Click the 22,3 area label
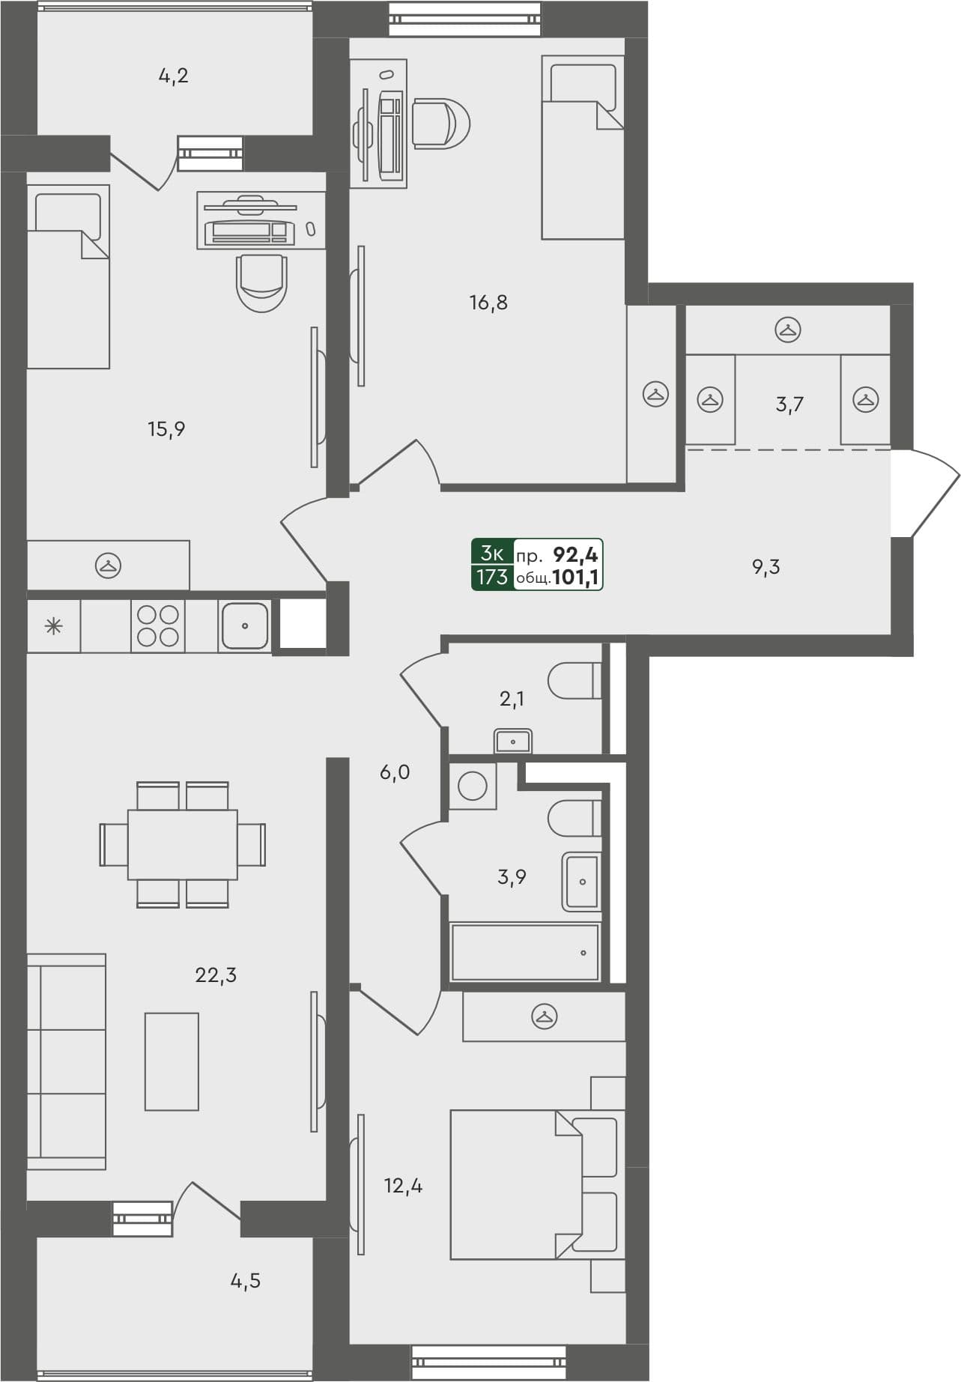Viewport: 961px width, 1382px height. pyautogui.click(x=216, y=975)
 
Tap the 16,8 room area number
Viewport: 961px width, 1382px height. pyautogui.click(x=488, y=303)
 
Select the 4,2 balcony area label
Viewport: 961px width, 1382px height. pyautogui.click(x=173, y=76)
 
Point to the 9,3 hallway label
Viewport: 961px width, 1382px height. pyautogui.click(x=766, y=567)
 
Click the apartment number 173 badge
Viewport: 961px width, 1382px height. pyautogui.click(x=492, y=578)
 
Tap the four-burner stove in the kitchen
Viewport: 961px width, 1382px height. pyautogui.click(x=158, y=625)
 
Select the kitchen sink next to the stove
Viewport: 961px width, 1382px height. pyautogui.click(x=244, y=625)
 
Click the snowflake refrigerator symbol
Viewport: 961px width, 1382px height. pyautogui.click(x=53, y=626)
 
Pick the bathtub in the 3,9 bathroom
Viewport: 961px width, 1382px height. pyautogui.click(x=525, y=952)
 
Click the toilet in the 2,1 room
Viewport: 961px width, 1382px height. pyautogui.click(x=575, y=681)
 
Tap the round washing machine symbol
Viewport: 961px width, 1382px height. pyautogui.click(x=472, y=787)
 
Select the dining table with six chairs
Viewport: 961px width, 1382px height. pyautogui.click(x=182, y=844)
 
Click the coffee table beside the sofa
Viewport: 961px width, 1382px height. pyautogui.click(x=172, y=1061)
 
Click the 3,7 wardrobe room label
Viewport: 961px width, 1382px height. pyautogui.click(x=789, y=405)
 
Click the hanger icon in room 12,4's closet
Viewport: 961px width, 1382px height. pyautogui.click(x=545, y=1016)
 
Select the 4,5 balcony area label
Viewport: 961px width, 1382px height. pyautogui.click(x=245, y=1282)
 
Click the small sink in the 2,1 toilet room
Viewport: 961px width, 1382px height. pyautogui.click(x=513, y=742)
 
